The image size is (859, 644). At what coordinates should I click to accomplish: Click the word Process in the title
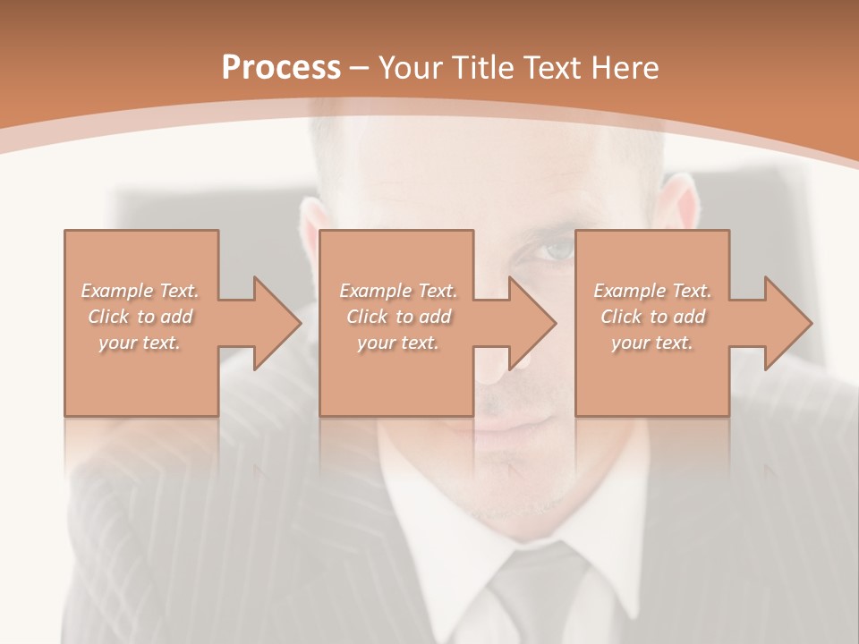point(281,68)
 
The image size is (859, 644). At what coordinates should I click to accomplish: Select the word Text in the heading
point(551,68)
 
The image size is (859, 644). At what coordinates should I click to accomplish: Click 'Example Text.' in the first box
point(140,291)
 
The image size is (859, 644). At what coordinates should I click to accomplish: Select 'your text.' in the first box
point(140,343)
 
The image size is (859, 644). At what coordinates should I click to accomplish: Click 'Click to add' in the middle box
point(398,317)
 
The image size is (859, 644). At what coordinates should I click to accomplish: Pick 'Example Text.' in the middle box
point(398,291)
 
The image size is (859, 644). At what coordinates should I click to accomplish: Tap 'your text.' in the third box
point(652,343)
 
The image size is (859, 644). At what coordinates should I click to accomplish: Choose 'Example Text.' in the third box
point(652,291)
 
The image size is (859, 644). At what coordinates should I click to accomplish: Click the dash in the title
point(360,68)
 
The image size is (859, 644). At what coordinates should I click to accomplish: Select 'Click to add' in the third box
point(652,317)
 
